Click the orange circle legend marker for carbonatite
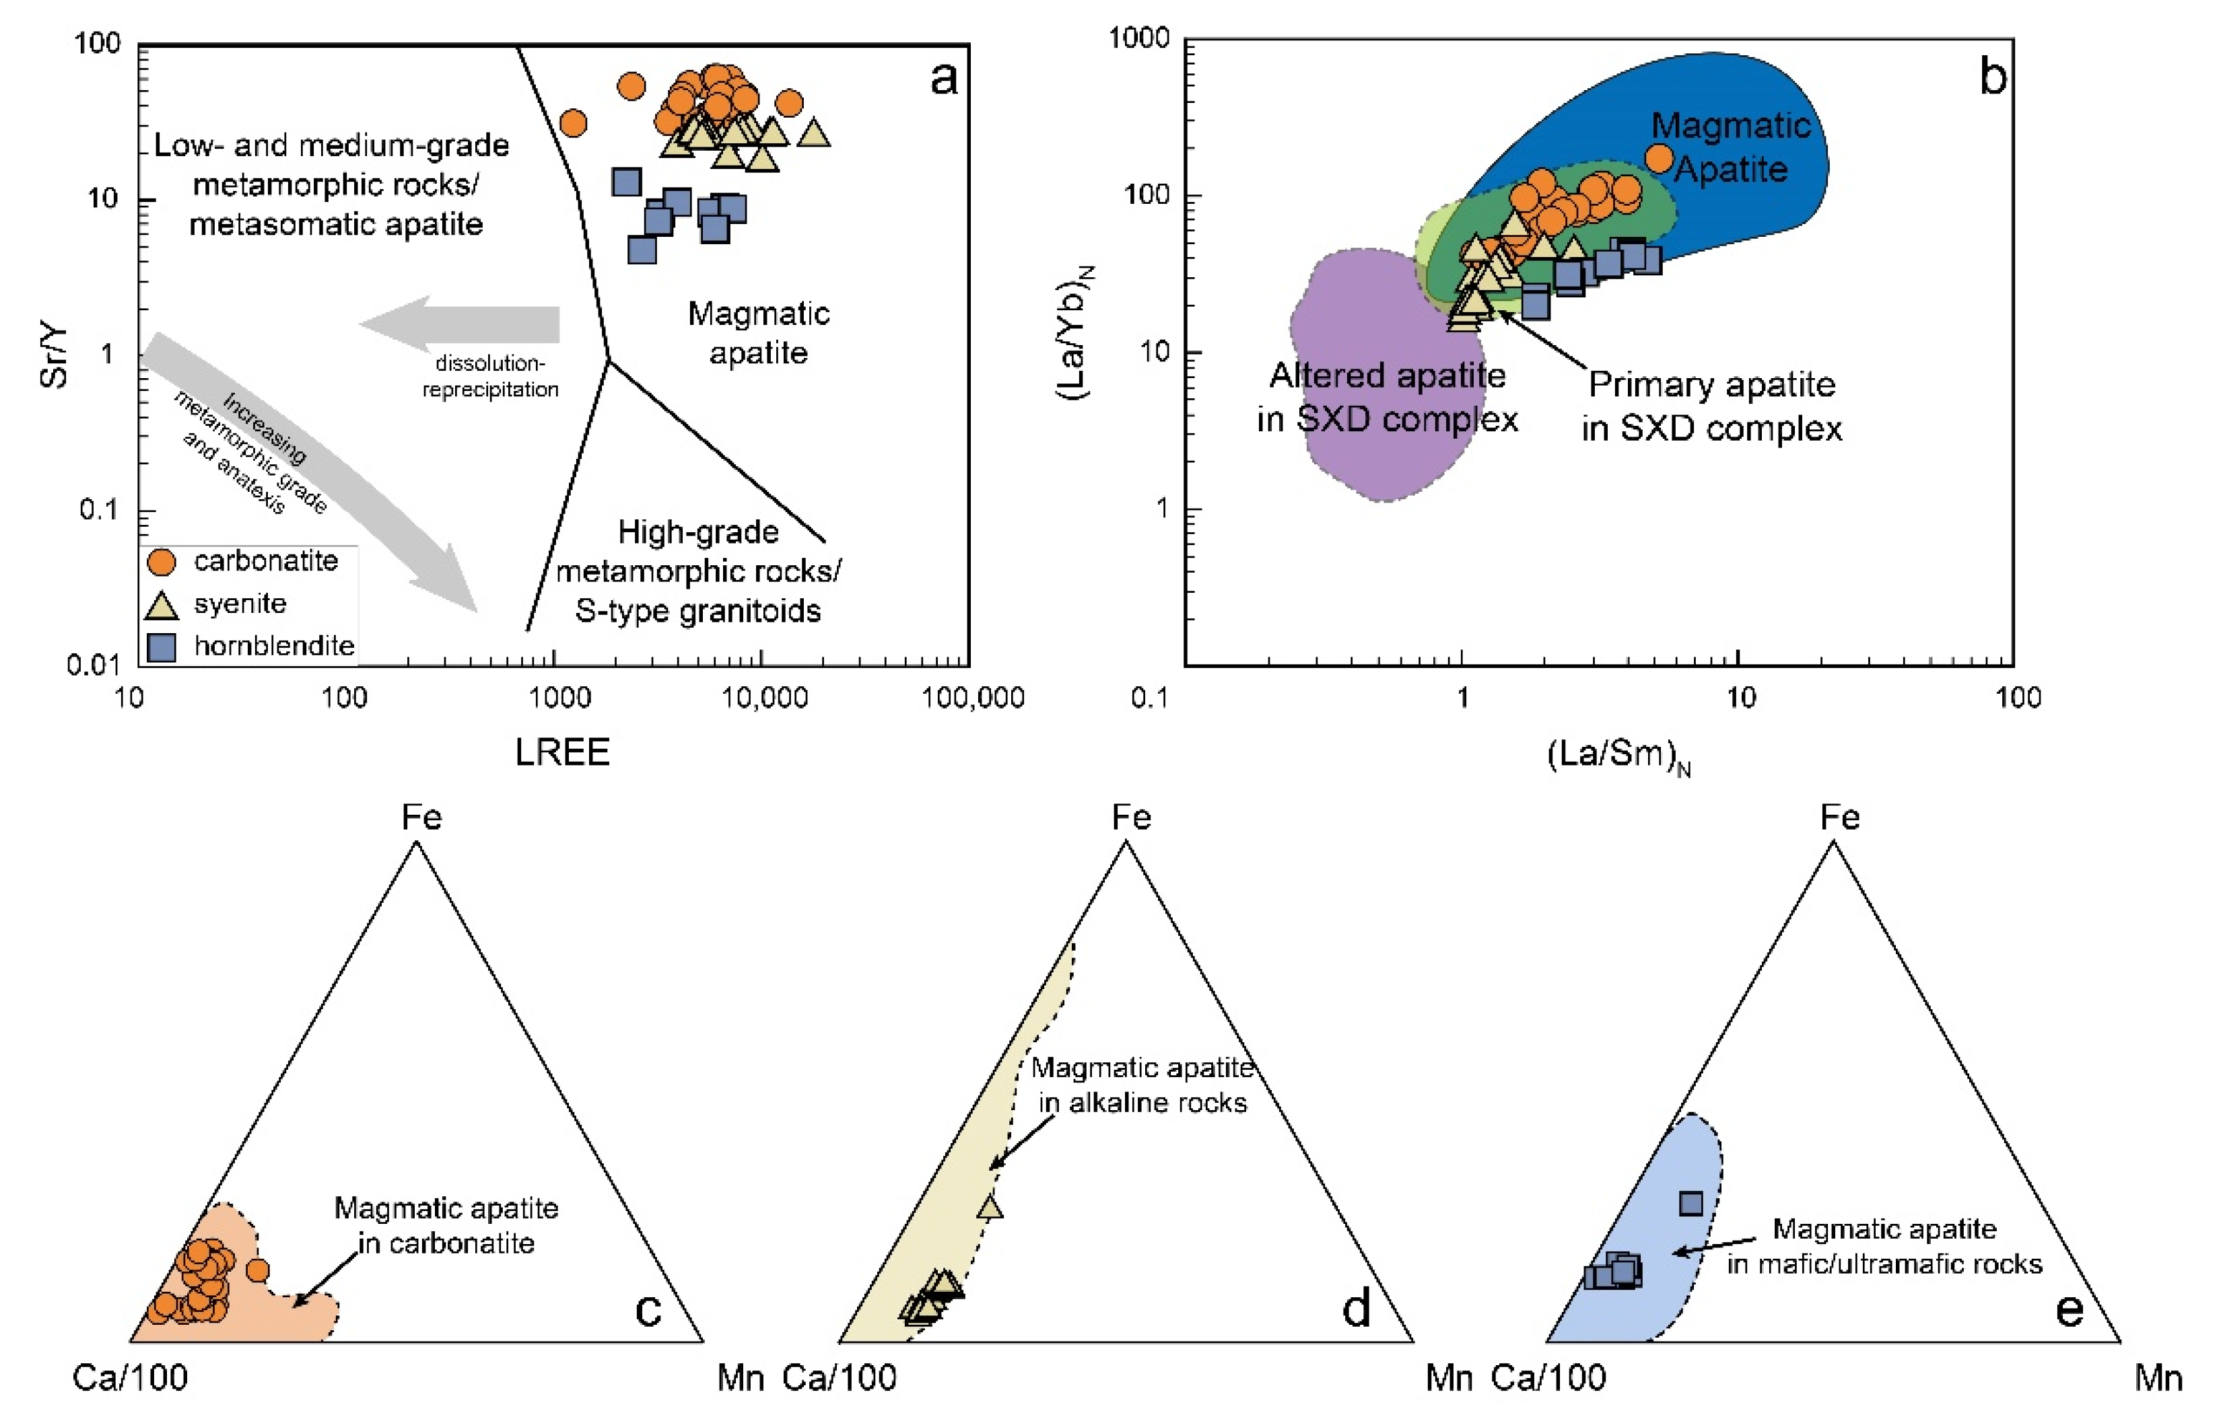pos(162,562)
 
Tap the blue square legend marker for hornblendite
pos(162,647)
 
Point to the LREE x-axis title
pos(562,753)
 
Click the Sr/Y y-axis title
pos(55,353)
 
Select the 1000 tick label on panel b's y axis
pos(1138,39)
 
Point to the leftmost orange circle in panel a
pos(573,122)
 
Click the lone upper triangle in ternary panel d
pos(990,1206)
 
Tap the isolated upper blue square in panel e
pos(1690,1203)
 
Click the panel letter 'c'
pos(648,1310)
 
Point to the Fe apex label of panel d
pos(1131,817)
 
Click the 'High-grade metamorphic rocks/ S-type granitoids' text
pos(698,572)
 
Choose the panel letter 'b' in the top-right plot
pos(1992,77)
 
